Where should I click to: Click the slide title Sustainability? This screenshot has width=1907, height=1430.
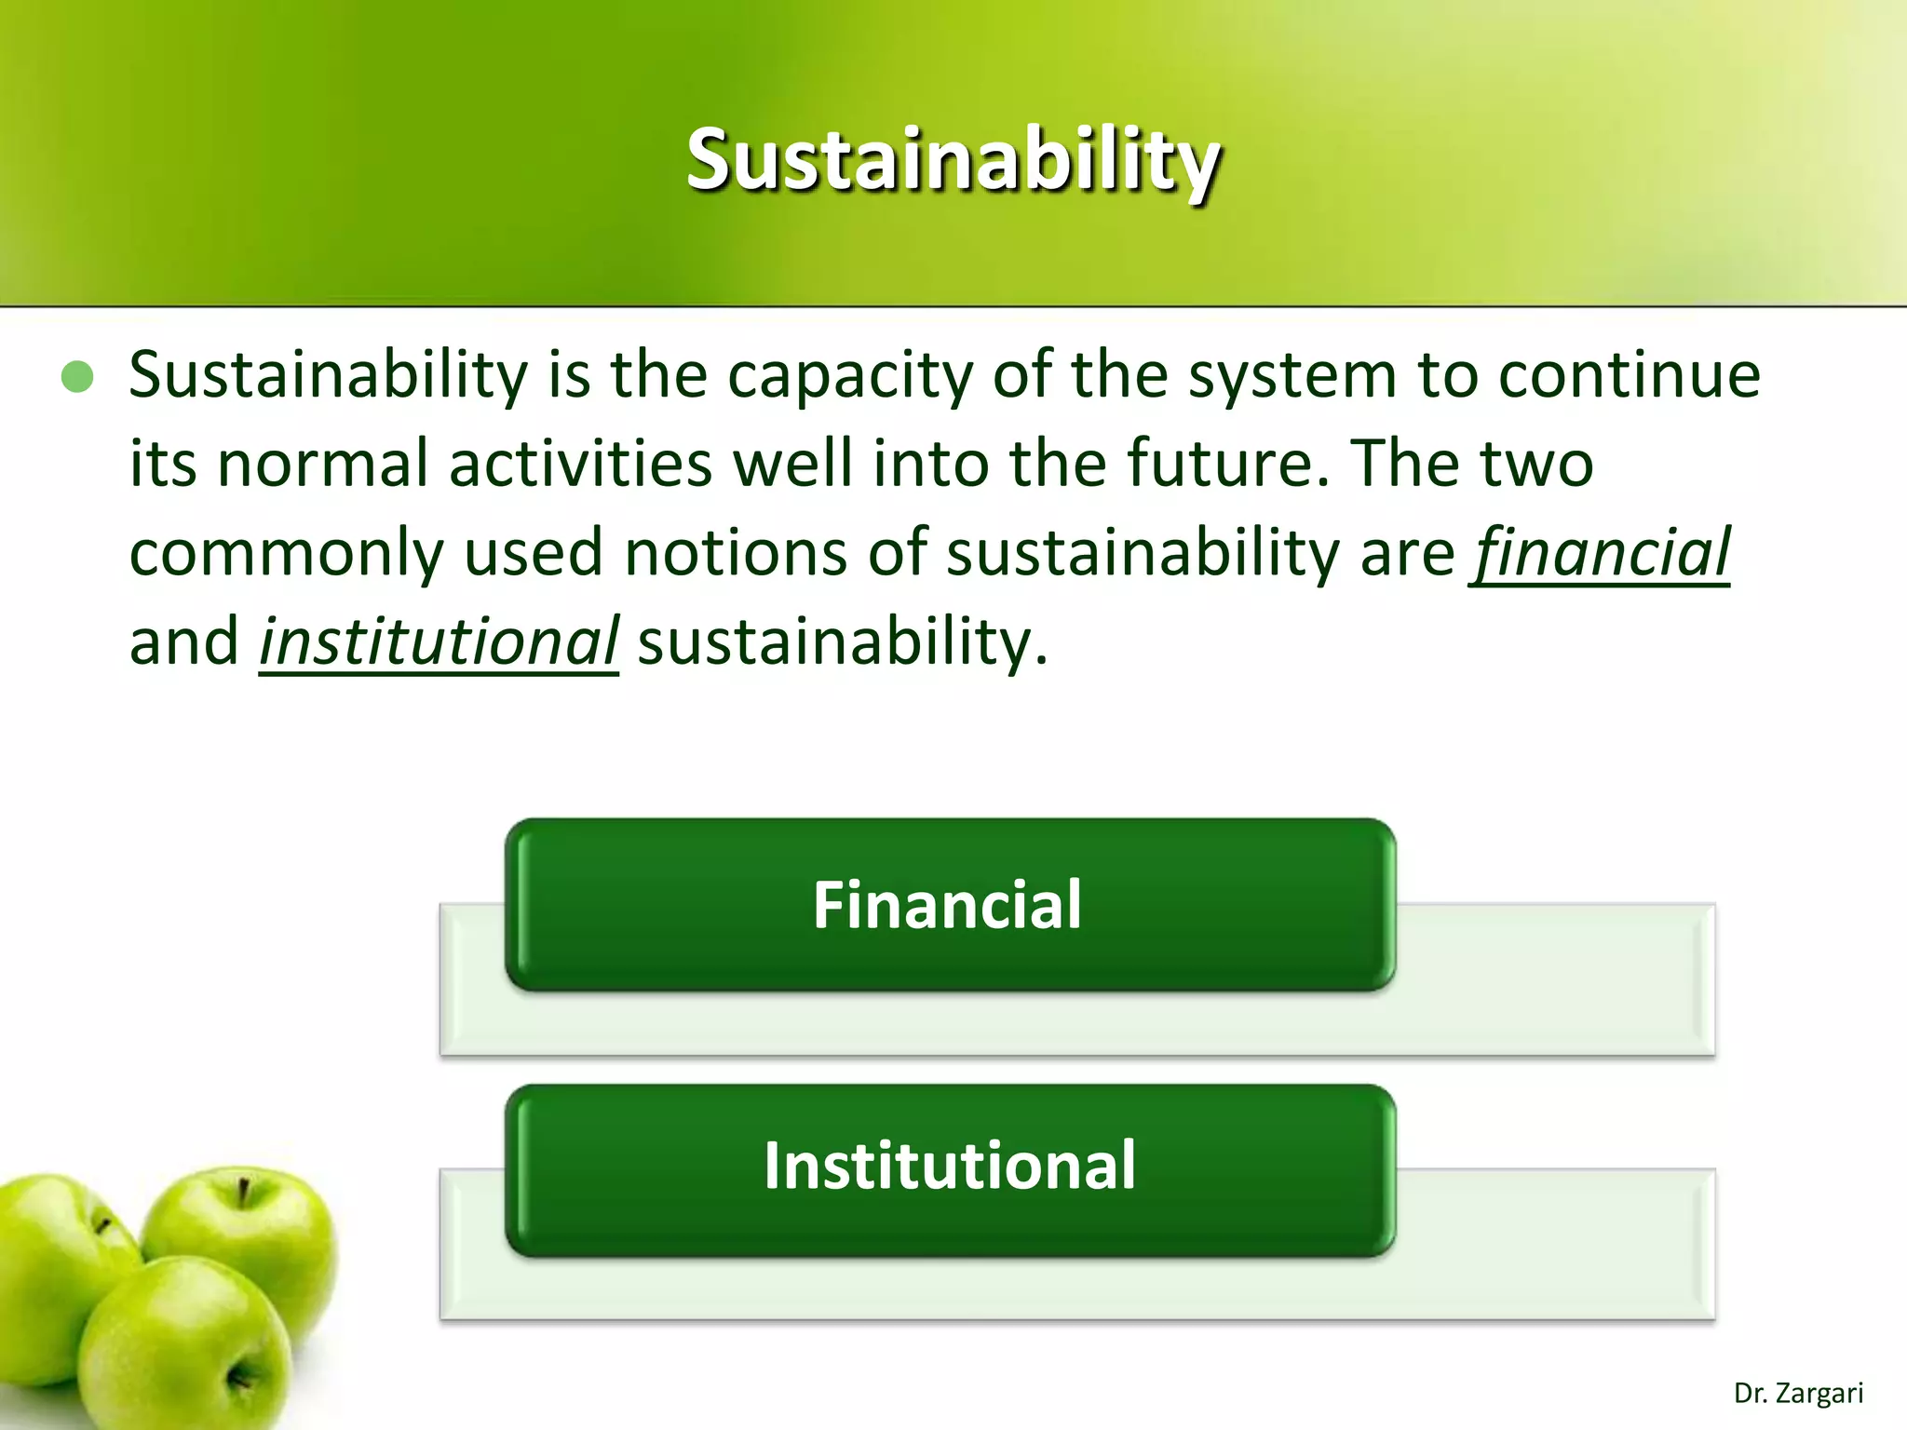953,160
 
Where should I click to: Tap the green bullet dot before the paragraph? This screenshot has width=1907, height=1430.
77,377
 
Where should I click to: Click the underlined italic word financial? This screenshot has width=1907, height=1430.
1600,553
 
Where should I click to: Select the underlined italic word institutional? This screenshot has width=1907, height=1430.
439,642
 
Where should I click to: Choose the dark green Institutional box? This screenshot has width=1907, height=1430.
949,1167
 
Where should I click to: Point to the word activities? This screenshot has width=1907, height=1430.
581,464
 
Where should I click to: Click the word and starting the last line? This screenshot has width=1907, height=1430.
184,642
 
